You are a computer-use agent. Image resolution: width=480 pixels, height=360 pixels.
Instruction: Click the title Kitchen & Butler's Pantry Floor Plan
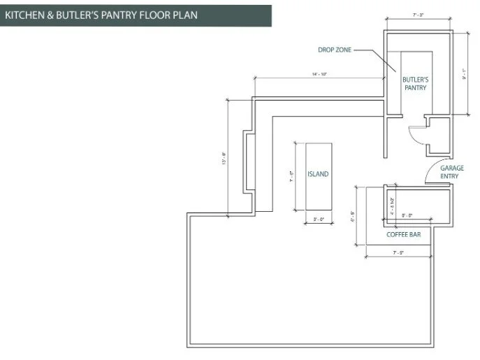[x=101, y=14]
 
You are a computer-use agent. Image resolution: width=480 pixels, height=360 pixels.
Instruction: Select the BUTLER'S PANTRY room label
[x=415, y=84]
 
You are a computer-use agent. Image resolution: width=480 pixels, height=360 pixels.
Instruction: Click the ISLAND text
[x=318, y=174]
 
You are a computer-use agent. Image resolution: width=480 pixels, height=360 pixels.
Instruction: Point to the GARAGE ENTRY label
[x=449, y=172]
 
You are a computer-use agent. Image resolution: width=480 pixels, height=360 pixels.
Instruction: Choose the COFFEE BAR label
[x=403, y=235]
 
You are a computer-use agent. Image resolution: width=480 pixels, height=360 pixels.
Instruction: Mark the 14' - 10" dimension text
[x=318, y=73]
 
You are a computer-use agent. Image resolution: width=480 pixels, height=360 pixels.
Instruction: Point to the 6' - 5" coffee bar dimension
[x=354, y=216]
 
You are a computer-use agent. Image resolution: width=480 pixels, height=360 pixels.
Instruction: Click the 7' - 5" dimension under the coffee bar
[x=400, y=252]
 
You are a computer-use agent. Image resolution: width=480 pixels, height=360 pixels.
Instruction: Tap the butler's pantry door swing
[x=416, y=133]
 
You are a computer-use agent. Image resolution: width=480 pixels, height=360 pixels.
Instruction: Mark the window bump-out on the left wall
[x=247, y=161]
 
